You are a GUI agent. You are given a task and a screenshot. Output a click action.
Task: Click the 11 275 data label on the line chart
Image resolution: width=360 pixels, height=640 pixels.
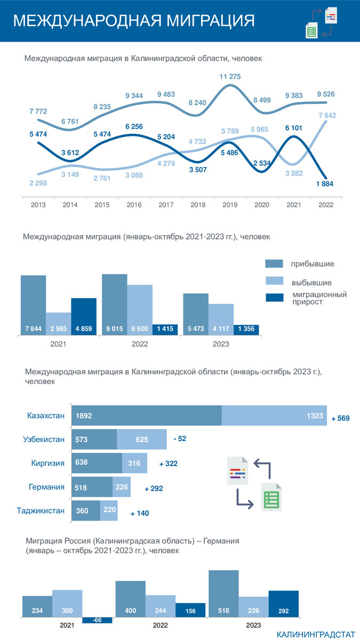coord(230,77)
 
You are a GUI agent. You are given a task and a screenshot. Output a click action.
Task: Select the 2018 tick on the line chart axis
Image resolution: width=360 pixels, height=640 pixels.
coord(198,205)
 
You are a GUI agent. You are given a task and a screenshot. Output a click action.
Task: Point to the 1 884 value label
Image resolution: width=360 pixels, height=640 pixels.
coord(324,184)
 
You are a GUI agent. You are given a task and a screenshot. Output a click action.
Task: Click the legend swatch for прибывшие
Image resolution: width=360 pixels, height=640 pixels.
coord(274,263)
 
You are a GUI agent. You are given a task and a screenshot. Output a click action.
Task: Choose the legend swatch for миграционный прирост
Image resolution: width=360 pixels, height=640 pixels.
coord(274,297)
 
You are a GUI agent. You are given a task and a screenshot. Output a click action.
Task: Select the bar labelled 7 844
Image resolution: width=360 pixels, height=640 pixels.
coord(33,305)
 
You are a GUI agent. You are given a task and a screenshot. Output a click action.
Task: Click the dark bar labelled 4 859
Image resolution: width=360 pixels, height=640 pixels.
coord(84,317)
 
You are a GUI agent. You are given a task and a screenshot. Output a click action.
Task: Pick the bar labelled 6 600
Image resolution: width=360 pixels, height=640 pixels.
coord(140,310)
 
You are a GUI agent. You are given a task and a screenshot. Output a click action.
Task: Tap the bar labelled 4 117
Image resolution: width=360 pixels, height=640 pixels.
coord(221,319)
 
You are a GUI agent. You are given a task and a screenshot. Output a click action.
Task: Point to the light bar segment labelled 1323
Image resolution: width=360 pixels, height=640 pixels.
coord(274,415)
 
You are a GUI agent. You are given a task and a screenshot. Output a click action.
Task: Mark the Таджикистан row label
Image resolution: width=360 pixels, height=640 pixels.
coord(41,510)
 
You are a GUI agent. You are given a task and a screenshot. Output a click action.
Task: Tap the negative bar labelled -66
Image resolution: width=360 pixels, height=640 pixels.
coord(97,620)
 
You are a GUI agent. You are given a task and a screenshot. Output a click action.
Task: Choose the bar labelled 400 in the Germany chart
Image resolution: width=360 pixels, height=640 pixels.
coord(130,599)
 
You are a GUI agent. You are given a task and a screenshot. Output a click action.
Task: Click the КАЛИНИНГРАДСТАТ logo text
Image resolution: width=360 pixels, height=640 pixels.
coord(315,634)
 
